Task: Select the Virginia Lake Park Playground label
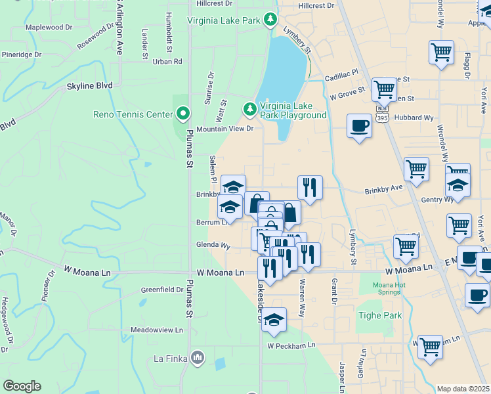293,110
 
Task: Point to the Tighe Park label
374,315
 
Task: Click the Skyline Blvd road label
89,85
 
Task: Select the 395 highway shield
382,118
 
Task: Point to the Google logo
22,386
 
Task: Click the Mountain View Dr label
224,129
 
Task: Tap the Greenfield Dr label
162,290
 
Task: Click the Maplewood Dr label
49,28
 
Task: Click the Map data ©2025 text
463,389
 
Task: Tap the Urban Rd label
167,62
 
